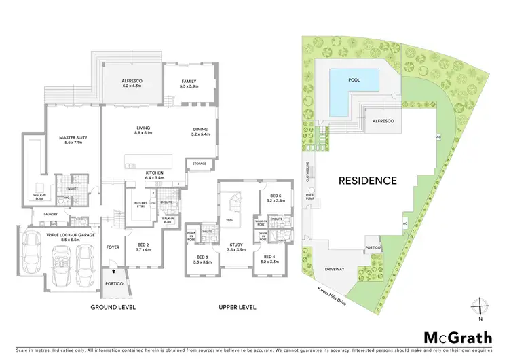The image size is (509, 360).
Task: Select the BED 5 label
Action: [x=274, y=198]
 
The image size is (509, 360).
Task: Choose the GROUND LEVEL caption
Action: [x=114, y=307]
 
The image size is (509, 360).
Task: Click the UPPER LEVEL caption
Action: [x=237, y=307]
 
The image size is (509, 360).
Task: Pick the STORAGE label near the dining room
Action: [x=199, y=164]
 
